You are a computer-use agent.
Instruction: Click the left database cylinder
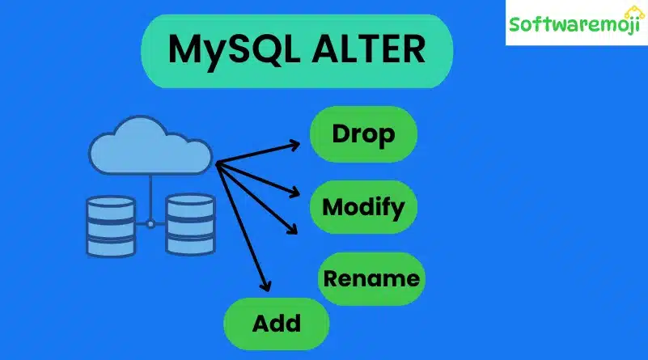(111, 226)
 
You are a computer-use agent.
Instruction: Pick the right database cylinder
(191, 226)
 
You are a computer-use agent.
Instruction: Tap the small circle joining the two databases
(151, 223)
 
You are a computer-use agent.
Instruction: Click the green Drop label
(363, 134)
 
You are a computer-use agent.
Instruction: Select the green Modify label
(363, 207)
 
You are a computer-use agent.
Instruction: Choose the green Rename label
(371, 279)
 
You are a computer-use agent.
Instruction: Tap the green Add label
(276, 324)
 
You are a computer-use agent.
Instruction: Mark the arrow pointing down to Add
(242, 227)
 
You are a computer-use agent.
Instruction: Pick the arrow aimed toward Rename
(256, 198)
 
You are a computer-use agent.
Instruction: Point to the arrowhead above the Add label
(264, 284)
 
